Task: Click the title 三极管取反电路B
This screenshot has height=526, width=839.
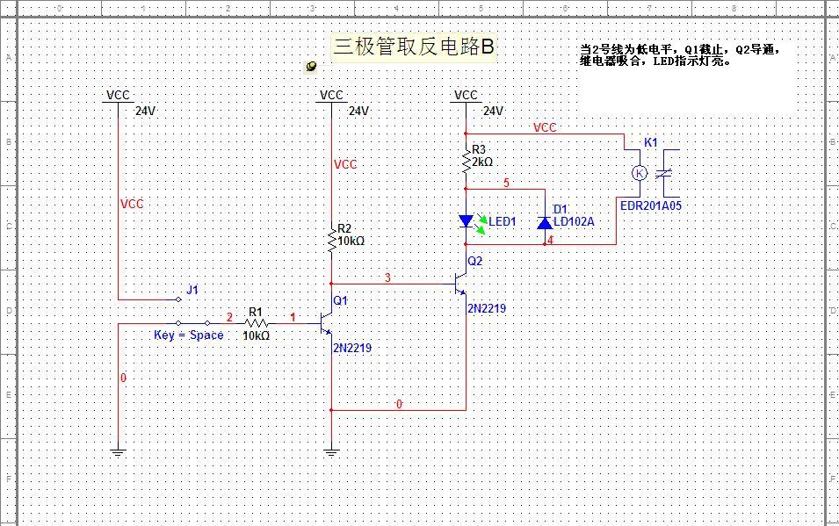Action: (x=414, y=47)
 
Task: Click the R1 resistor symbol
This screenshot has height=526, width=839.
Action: (x=256, y=323)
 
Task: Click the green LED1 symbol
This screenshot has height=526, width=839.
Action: (x=467, y=221)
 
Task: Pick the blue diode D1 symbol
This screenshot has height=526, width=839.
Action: (x=545, y=221)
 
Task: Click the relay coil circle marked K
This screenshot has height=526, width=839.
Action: (x=640, y=173)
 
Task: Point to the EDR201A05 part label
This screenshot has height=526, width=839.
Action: (x=650, y=205)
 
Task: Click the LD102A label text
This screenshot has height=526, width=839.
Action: (x=574, y=222)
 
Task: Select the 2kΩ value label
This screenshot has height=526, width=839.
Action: (x=482, y=162)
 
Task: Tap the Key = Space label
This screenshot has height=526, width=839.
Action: (x=189, y=335)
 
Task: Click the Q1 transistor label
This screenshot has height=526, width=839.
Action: (x=341, y=300)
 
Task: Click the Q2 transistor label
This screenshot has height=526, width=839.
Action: (x=475, y=261)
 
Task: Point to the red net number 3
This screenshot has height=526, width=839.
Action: (x=387, y=278)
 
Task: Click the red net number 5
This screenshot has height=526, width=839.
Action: (x=506, y=183)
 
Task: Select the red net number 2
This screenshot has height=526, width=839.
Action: (x=230, y=317)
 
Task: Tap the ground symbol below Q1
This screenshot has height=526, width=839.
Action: (x=331, y=453)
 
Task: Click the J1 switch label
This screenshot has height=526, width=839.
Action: (x=192, y=290)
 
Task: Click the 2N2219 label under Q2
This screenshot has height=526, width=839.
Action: (x=486, y=308)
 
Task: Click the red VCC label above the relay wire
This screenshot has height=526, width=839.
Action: (x=545, y=127)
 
